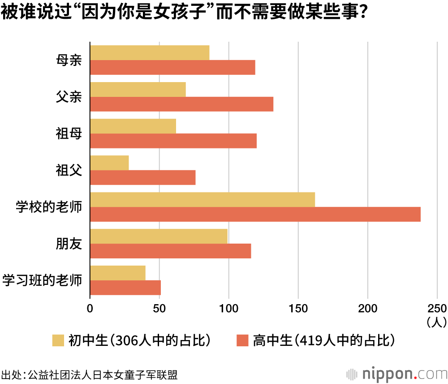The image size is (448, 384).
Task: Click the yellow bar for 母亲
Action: (x=150, y=52)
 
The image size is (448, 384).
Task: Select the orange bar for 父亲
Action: (x=181, y=104)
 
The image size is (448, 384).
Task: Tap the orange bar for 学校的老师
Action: (x=255, y=214)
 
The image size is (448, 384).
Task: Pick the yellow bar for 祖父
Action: (x=109, y=163)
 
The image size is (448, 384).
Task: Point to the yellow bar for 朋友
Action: (x=159, y=236)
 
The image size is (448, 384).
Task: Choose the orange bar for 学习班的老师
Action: (x=125, y=288)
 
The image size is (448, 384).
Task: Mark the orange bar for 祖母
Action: (x=173, y=141)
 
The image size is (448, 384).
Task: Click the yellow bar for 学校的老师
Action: (x=202, y=200)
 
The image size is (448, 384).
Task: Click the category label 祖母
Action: (x=69, y=134)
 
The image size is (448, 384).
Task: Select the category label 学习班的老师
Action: (x=43, y=280)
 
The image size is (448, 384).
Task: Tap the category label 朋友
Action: (x=69, y=244)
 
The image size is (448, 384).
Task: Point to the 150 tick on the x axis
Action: (x=298, y=308)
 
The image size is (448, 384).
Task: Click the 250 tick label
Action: (x=436, y=308)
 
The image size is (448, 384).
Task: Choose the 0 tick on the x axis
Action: (x=90, y=308)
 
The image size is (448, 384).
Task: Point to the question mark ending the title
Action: (x=364, y=12)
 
